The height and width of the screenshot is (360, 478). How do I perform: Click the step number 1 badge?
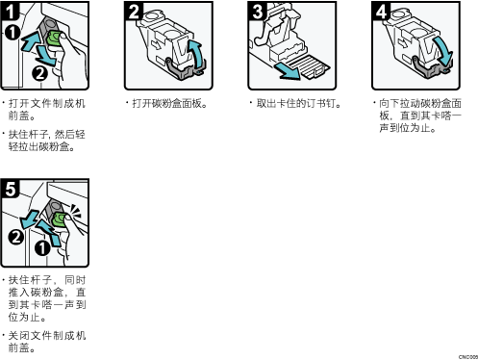10,11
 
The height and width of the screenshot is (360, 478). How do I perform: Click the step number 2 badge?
134,11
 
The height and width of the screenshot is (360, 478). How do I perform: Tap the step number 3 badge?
258,11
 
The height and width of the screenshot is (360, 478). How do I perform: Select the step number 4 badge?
382,11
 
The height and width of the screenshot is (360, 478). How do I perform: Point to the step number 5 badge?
10,189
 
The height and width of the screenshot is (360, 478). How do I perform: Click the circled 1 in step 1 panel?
13,33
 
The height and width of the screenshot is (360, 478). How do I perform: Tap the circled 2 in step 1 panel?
39,73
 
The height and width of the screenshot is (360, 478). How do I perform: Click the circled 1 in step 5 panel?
42,248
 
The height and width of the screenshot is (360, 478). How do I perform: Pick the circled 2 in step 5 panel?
15,237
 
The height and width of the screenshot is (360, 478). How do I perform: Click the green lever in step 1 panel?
55,39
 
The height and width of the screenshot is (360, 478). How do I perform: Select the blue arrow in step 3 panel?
287,71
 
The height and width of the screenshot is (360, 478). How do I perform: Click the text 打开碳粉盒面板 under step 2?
166,103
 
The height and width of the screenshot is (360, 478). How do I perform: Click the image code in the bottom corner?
468,357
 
